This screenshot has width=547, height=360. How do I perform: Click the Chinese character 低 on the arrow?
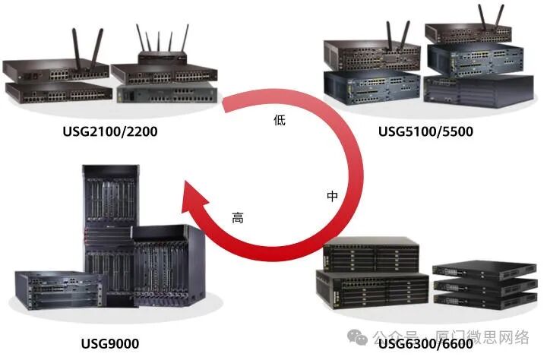click(279, 120)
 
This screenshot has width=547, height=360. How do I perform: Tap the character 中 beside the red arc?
click(332, 196)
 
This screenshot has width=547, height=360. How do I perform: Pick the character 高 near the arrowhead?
click(238, 218)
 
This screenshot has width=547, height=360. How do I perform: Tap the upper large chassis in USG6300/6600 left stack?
click(370, 254)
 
